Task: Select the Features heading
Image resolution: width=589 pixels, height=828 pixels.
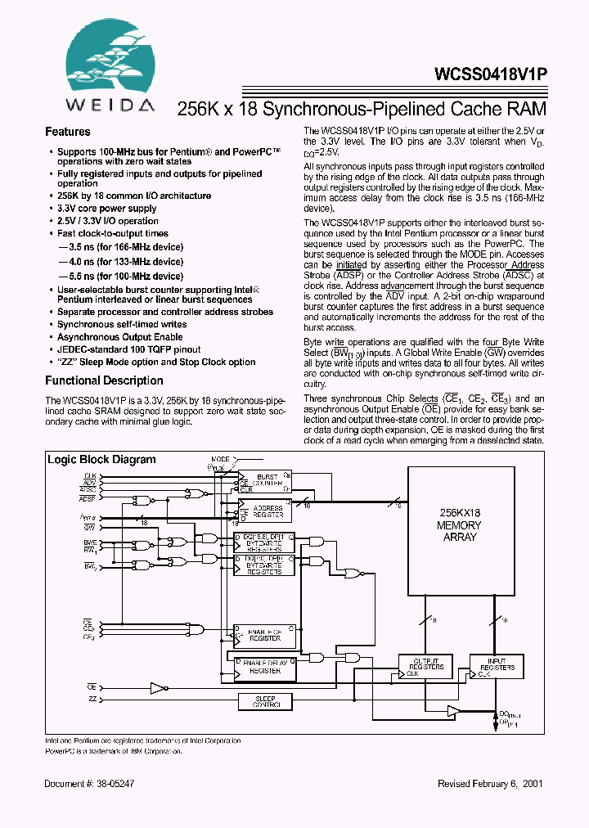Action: pos(67,132)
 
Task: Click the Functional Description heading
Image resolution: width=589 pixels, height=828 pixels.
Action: pos(104,380)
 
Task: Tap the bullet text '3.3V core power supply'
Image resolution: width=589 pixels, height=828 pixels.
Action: pos(107,209)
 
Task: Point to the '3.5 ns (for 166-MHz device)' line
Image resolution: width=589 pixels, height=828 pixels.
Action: pos(121,246)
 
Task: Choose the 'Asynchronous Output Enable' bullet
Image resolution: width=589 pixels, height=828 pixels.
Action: pos(119,337)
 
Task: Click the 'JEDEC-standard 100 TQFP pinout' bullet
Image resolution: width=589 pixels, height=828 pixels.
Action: pos(128,349)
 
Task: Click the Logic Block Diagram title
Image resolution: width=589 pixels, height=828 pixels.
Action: pos(101,459)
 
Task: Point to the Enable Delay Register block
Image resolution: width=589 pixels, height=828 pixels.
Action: pos(265,667)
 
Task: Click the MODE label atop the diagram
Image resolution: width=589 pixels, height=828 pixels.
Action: pos(220,459)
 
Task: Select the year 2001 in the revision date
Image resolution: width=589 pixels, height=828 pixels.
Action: pos(532,783)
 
